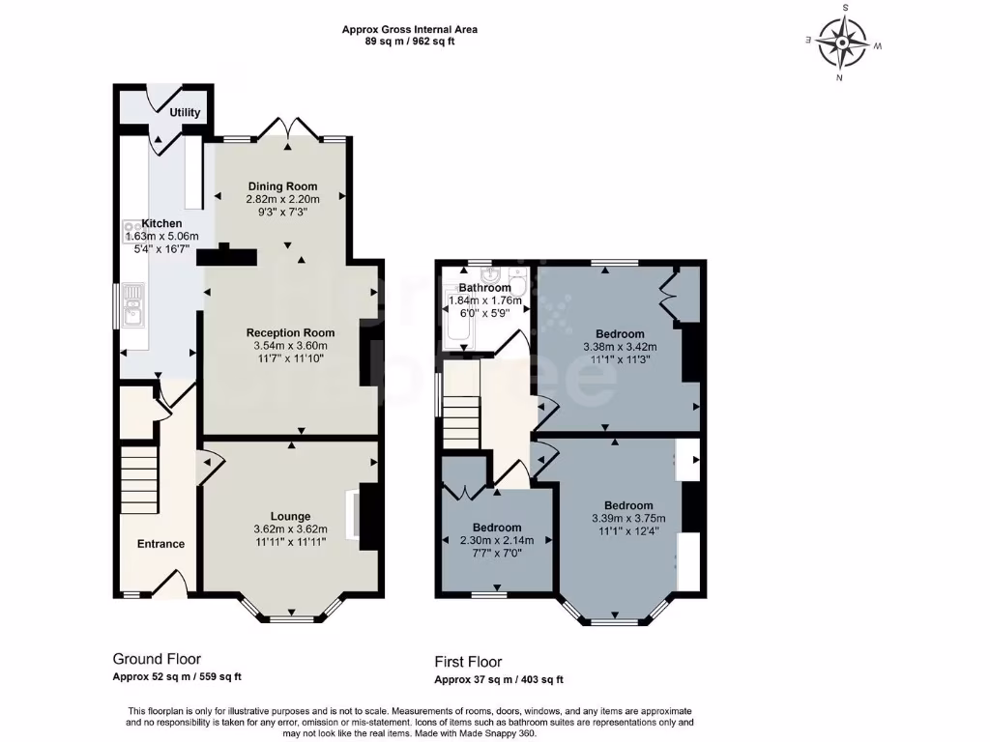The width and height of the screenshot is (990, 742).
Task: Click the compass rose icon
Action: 843,43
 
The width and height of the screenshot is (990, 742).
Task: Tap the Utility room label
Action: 185,113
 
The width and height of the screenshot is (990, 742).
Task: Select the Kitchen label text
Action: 161,223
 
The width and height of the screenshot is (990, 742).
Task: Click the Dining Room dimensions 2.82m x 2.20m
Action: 282,199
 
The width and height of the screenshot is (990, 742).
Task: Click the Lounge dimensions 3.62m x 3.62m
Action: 290,528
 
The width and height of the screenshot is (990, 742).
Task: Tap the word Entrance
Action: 160,544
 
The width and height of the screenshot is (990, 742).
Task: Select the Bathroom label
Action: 484,288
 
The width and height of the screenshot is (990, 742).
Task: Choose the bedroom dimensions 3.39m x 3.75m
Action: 628,519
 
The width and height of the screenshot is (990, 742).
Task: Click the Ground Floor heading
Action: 157,659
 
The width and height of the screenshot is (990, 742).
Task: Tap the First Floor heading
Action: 468,662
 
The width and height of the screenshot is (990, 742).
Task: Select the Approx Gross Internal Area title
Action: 410,30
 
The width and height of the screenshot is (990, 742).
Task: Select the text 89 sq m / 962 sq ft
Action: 410,43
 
